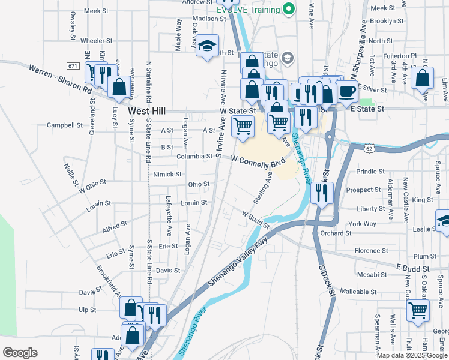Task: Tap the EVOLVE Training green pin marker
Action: coord(289,10)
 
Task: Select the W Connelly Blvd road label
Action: coord(258,160)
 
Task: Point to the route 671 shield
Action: coord(73,65)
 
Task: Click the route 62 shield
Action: coord(369,147)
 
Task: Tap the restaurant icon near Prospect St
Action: coord(322,193)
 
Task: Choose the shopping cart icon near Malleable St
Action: coord(418,311)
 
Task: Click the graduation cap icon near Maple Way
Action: coord(207,46)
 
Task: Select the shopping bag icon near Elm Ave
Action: coord(423,79)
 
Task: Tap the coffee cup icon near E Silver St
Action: coord(346,91)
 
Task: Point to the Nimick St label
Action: coord(167,174)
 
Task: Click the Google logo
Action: coord(20,353)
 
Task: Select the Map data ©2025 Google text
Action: coord(411,355)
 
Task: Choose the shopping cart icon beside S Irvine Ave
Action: coord(243,126)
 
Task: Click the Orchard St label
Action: coord(336,233)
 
